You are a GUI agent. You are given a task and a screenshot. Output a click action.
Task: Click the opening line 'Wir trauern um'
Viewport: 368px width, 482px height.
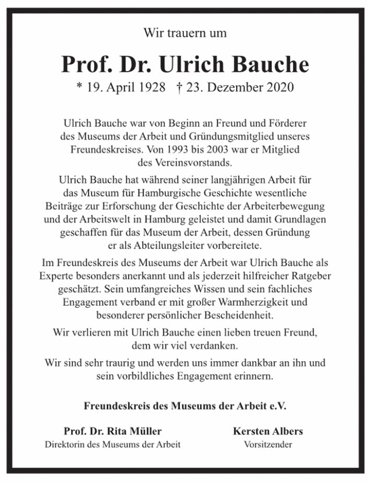(185, 32)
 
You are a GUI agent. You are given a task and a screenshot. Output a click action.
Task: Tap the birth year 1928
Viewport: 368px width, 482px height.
(149, 88)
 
